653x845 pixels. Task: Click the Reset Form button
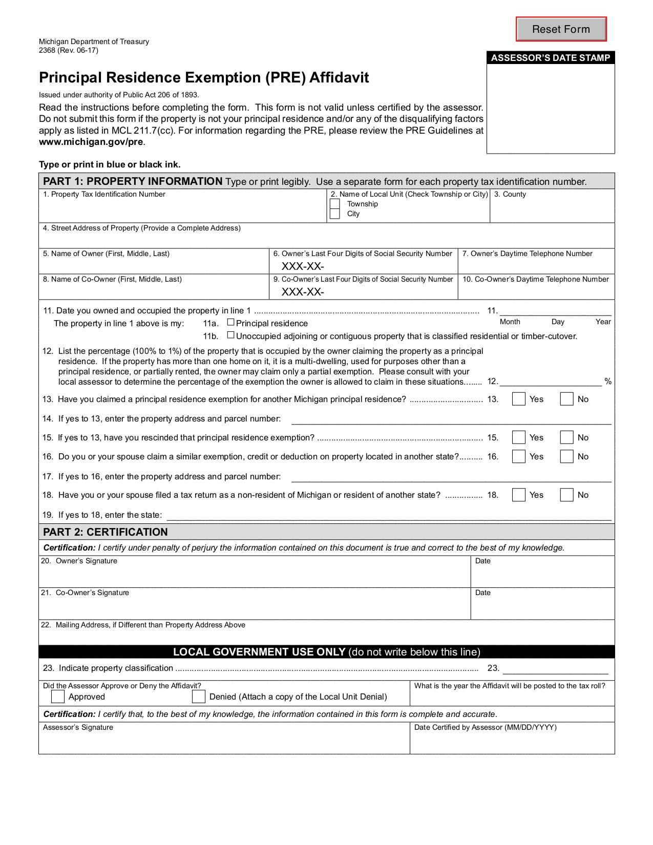(561, 29)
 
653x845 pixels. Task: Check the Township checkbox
(335, 204)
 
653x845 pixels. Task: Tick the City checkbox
(335, 214)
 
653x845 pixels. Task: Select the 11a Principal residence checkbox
(231, 323)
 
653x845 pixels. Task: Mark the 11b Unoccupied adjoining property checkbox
(231, 335)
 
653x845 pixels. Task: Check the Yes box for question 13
(519, 399)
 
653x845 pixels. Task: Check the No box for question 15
(566, 437)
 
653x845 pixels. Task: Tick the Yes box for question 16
(519, 456)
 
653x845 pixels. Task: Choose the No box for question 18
(566, 495)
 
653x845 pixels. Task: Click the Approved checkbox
(58, 696)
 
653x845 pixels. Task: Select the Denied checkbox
(199, 696)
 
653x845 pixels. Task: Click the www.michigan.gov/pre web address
(91, 142)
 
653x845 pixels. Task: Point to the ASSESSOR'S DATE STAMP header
(551, 58)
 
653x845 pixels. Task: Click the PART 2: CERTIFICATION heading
(106, 532)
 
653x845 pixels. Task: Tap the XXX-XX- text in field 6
(303, 266)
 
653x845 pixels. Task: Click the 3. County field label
(510, 194)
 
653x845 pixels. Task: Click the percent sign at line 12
(608, 382)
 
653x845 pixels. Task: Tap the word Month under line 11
(510, 322)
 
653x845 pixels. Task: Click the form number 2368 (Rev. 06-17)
(69, 50)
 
